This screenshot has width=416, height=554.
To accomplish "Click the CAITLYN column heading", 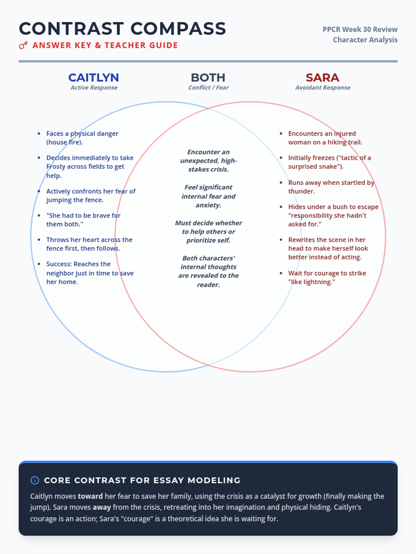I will tap(94, 78).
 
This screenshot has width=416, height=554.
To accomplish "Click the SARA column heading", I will tap(322, 78).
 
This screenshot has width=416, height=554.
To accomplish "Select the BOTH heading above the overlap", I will tap(208, 78).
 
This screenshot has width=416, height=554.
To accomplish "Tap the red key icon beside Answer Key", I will tap(23, 45).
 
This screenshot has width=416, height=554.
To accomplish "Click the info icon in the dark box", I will tap(35, 480).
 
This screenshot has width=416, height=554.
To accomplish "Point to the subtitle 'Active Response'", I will tap(94, 88).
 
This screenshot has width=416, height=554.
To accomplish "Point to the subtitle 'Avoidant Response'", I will tap(323, 88).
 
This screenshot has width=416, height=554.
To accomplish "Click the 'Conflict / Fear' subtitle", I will tap(208, 88).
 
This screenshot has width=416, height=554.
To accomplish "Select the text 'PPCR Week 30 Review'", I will tap(360, 29).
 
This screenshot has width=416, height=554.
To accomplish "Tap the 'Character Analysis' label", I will tap(365, 40).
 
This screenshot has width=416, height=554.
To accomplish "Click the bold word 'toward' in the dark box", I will tap(90, 496).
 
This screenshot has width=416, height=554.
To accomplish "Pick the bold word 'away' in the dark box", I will tap(102, 507).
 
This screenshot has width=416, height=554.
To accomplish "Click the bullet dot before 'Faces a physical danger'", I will tap(39, 134).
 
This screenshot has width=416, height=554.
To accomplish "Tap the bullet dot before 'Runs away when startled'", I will tap(281, 182).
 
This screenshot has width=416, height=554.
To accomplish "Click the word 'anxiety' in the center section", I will tap(208, 205).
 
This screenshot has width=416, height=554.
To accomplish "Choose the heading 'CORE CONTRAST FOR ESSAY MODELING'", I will tap(142, 480).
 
